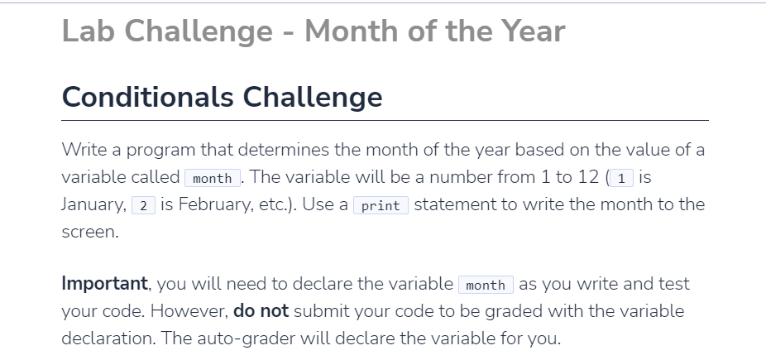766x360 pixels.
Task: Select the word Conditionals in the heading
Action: point(146,98)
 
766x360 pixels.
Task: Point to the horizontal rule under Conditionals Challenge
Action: point(385,120)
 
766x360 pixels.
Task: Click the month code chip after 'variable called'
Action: point(212,178)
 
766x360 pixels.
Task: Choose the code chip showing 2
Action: point(144,205)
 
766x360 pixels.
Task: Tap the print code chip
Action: point(381,205)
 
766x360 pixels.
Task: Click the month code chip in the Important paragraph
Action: point(486,286)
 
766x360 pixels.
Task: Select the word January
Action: point(93,204)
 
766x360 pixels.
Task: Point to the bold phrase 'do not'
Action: point(261,311)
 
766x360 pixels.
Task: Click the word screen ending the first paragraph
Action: point(89,233)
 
